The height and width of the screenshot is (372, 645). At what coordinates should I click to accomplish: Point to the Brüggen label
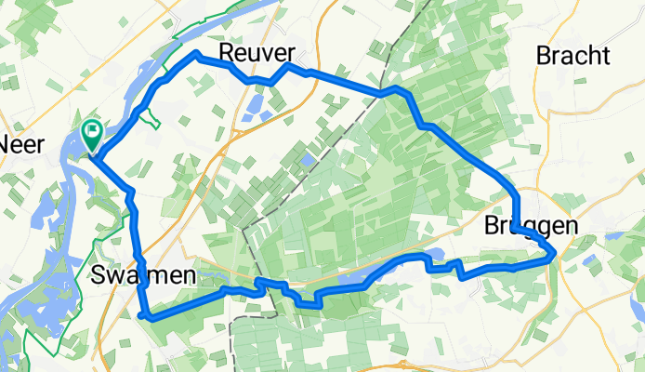coord(532,226)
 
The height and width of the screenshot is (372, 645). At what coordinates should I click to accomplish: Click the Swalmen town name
coord(144,275)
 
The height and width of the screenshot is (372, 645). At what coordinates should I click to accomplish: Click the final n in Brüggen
coord(571,226)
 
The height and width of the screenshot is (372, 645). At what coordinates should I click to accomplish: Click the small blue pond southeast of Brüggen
coord(614,236)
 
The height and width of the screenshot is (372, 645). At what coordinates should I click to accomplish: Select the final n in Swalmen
coord(190,275)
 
